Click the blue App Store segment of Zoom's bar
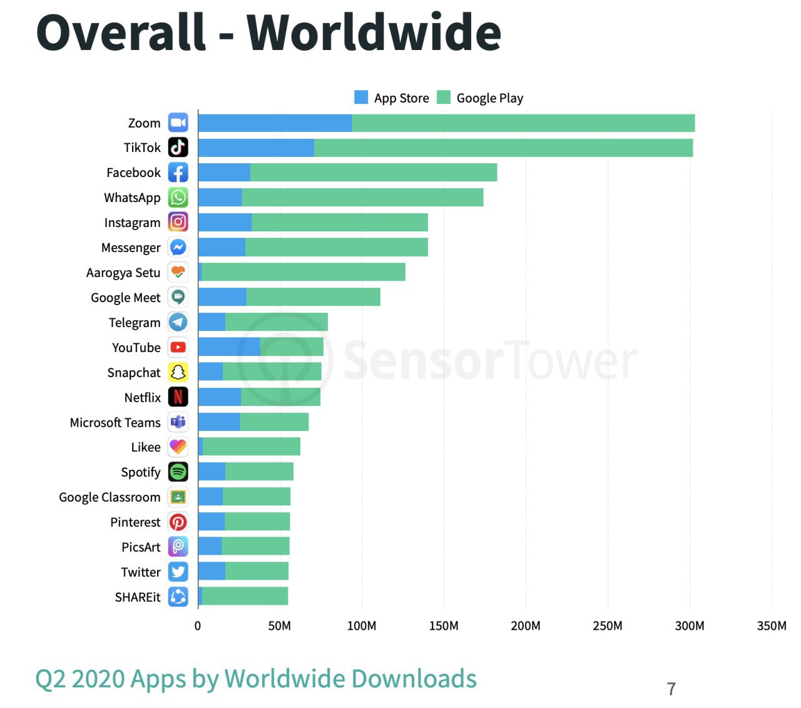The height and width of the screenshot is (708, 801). click(x=275, y=123)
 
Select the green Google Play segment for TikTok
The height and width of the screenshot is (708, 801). click(x=503, y=148)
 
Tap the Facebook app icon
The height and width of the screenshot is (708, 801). click(x=178, y=173)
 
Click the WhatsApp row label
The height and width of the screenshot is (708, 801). click(x=132, y=198)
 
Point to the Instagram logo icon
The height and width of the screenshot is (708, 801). click(x=178, y=222)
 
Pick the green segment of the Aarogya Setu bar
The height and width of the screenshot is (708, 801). click(x=304, y=272)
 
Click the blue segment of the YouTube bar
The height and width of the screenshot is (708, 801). click(x=229, y=347)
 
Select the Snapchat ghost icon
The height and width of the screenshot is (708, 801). click(x=178, y=372)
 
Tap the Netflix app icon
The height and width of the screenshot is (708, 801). click(x=178, y=397)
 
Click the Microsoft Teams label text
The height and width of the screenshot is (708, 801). click(x=115, y=423)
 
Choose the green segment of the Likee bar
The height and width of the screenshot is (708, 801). click(x=252, y=447)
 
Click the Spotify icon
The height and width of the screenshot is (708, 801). click(x=178, y=472)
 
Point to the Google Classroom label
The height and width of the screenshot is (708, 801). click(x=110, y=497)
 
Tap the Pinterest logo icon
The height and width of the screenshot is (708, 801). click(x=178, y=522)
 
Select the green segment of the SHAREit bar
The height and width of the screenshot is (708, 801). click(x=245, y=597)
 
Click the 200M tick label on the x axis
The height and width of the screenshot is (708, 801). click(x=526, y=626)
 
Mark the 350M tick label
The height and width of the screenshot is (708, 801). click(x=772, y=626)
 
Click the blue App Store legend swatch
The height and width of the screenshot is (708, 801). click(x=361, y=98)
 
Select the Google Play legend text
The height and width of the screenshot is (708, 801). click(x=489, y=98)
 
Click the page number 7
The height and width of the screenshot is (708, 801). click(x=671, y=689)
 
